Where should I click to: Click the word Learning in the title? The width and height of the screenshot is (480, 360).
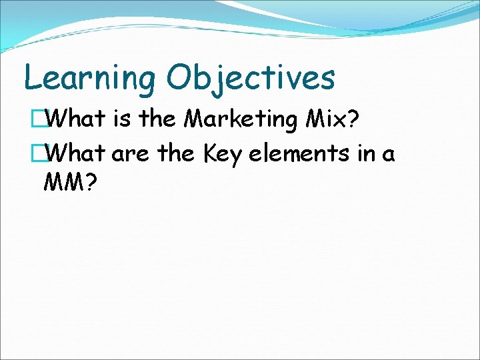[90, 79]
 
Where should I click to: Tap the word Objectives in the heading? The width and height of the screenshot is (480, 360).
[251, 79]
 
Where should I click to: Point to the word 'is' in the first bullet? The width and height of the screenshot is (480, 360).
[121, 119]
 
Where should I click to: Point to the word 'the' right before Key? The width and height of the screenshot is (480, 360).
[175, 154]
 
